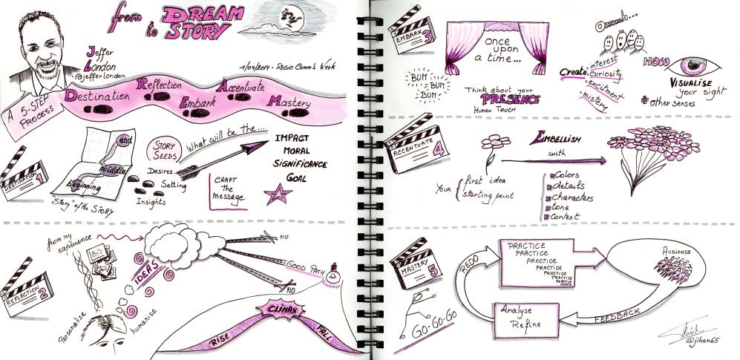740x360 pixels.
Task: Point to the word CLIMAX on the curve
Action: [x=273, y=308]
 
